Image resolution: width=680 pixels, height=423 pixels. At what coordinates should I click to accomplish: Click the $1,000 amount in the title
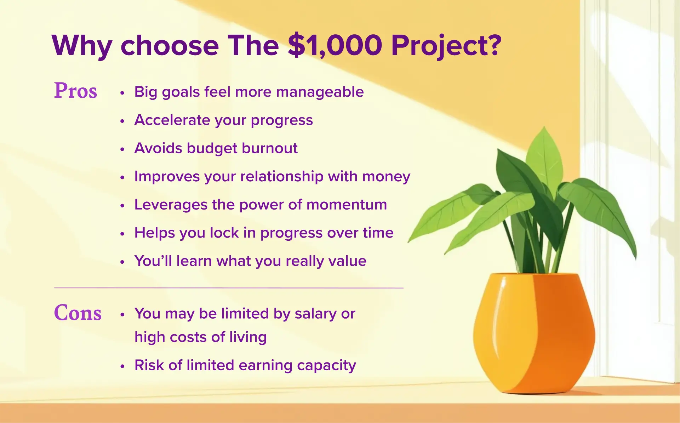tap(335, 45)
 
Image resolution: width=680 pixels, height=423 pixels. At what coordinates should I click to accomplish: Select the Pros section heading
tap(75, 90)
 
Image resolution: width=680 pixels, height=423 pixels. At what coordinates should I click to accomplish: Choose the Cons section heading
tap(78, 313)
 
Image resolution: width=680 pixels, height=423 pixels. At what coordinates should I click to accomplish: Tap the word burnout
tap(270, 148)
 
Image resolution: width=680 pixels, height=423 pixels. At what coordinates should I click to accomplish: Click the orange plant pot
tap(534, 333)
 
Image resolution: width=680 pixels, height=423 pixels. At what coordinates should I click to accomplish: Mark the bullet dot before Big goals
tap(122, 93)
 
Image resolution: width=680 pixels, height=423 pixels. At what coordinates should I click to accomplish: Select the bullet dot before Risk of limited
tap(122, 366)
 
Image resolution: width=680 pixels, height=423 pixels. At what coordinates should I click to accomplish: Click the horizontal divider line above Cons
tap(229, 288)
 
